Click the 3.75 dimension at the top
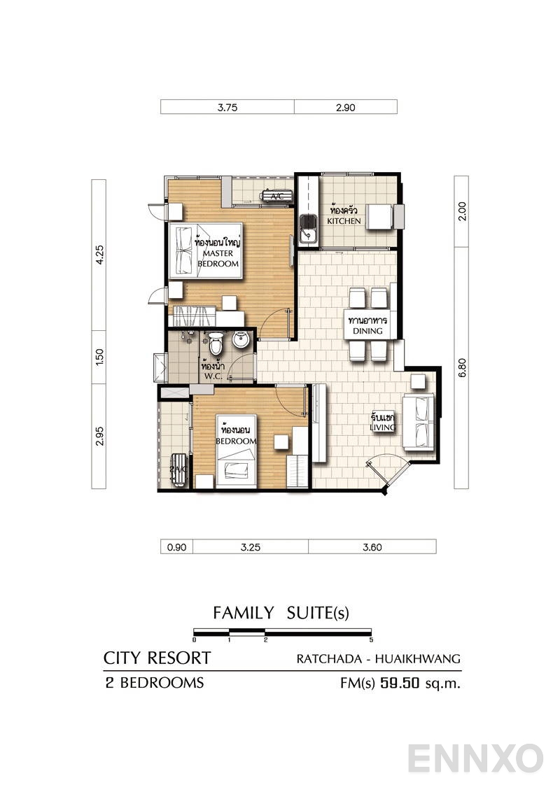click(x=227, y=107)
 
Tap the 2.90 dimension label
click(x=346, y=107)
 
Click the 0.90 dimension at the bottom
click(x=176, y=548)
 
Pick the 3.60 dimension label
click(x=372, y=548)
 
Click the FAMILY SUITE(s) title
click(x=281, y=614)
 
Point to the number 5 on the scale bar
click(x=371, y=640)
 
